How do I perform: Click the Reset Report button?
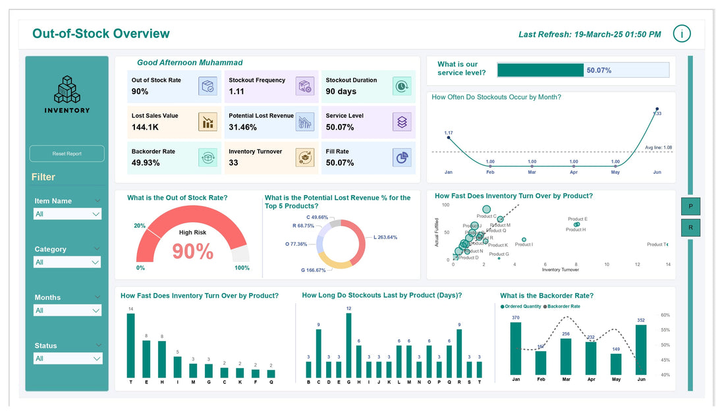click(67, 153)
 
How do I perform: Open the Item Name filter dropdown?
click(67, 214)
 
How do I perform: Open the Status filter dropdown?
click(67, 358)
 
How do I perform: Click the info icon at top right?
click(682, 34)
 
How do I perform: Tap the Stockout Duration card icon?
click(401, 86)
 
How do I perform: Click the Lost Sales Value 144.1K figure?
click(145, 127)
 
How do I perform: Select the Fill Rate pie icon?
click(401, 157)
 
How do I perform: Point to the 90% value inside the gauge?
click(192, 252)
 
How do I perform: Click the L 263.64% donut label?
click(385, 237)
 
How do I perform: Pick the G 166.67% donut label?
click(314, 270)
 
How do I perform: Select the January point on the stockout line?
click(449, 138)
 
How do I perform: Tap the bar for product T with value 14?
click(130, 345)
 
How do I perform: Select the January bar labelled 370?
click(515, 349)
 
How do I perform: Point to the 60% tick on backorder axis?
click(665, 315)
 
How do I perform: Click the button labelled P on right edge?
click(690, 206)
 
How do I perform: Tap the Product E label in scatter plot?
click(577, 219)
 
